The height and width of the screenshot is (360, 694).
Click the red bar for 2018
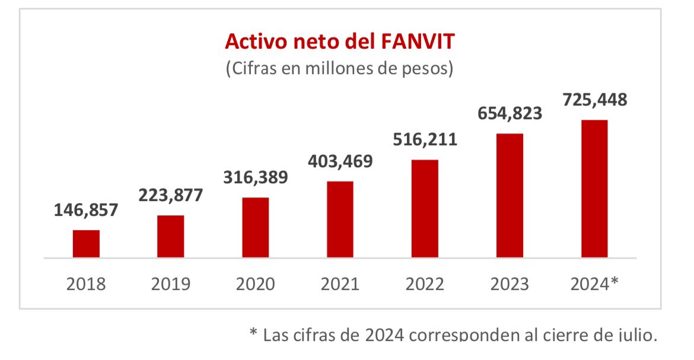pyautogui.click(x=86, y=243)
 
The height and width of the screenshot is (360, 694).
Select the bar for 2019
pyautogui.click(x=171, y=236)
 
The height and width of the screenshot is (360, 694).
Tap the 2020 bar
pyautogui.click(x=255, y=227)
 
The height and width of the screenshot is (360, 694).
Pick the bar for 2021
pyautogui.click(x=340, y=219)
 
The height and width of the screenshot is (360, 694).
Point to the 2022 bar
pyautogui.click(x=425, y=208)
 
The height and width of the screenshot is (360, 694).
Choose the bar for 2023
pyautogui.click(x=510, y=195)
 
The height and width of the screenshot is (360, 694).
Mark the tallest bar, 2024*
pyautogui.click(x=594, y=188)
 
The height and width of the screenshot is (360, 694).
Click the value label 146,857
pyautogui.click(x=86, y=210)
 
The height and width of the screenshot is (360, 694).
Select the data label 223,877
pyautogui.click(x=171, y=195)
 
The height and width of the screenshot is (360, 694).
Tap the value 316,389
pyautogui.click(x=255, y=177)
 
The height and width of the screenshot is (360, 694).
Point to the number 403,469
pyautogui.click(x=340, y=161)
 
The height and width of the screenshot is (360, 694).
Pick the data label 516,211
pyautogui.click(x=425, y=140)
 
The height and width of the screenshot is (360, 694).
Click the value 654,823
pyautogui.click(x=510, y=113)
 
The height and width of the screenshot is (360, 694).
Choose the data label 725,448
pyautogui.click(x=594, y=100)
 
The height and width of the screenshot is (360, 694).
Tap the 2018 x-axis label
pyautogui.click(x=86, y=284)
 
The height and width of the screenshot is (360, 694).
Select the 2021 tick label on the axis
pyautogui.click(x=340, y=284)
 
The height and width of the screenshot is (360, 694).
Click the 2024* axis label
pyautogui.click(x=594, y=284)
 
